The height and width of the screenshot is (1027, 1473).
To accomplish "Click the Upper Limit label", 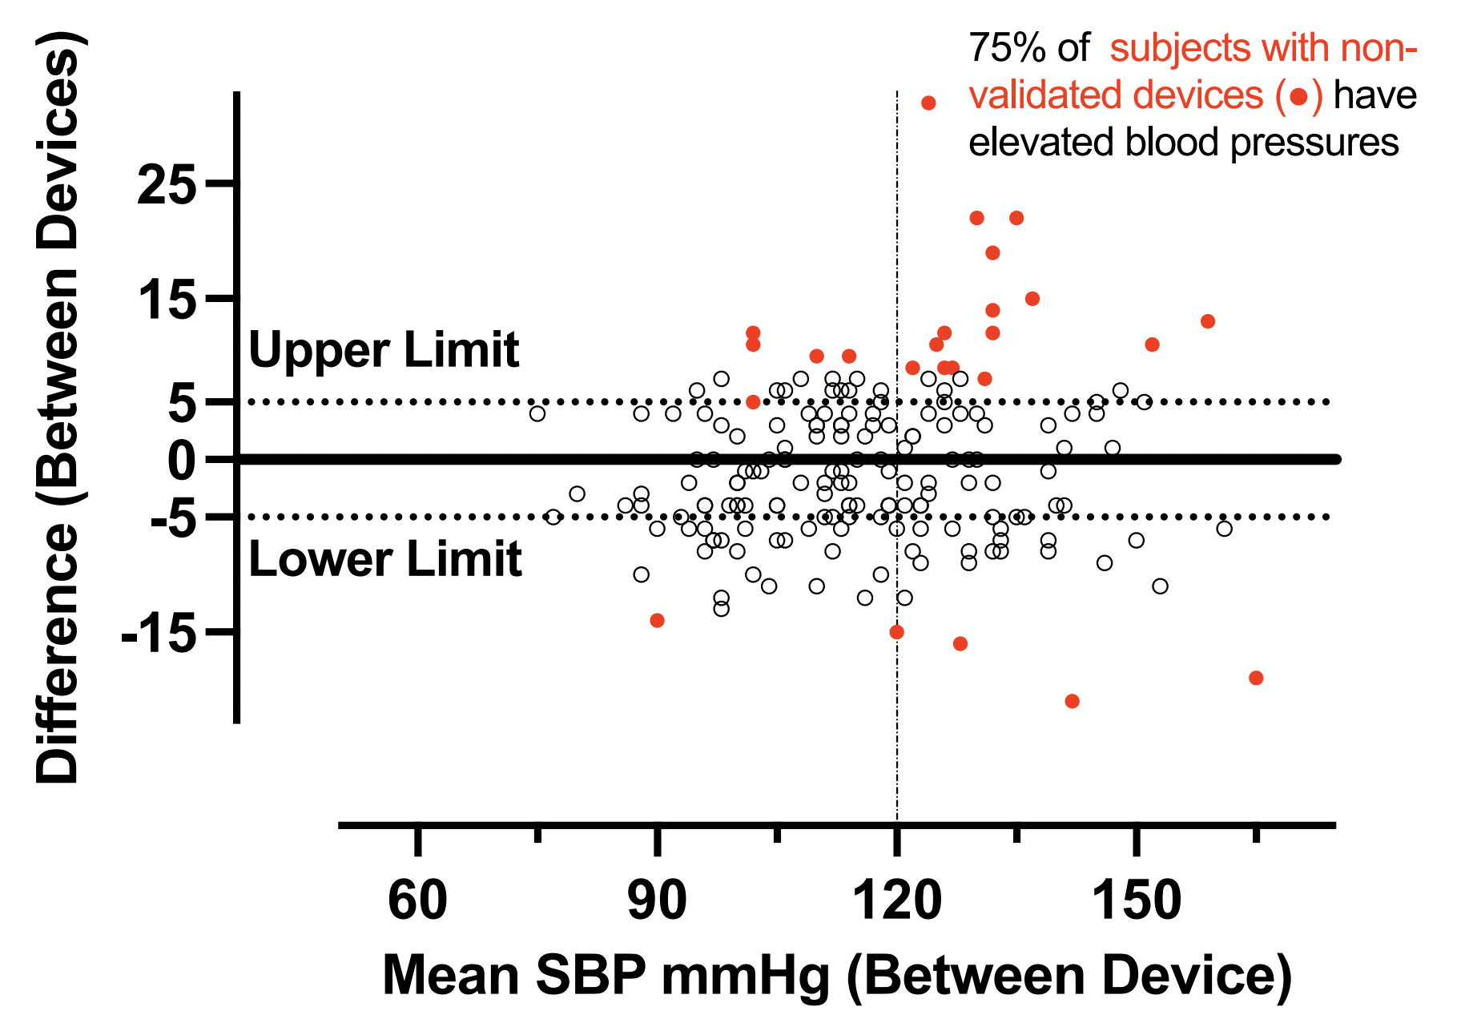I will [384, 350].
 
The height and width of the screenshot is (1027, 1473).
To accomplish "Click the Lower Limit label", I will [385, 558].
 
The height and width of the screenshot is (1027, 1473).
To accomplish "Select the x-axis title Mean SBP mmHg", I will [837, 976].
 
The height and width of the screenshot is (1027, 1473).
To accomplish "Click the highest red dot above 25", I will [929, 103].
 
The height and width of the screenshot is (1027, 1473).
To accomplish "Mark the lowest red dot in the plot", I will [1073, 701].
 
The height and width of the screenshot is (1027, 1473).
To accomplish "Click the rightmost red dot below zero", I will [1256, 678].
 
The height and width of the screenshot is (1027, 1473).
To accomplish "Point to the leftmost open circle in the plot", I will [537, 413].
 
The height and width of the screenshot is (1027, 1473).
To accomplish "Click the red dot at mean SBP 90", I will [657, 620].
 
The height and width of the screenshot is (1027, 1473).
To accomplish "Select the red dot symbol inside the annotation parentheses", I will [1298, 98].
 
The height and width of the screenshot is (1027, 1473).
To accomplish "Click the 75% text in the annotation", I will [1007, 49].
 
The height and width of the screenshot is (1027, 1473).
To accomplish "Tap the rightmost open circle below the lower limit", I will [1224, 529].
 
